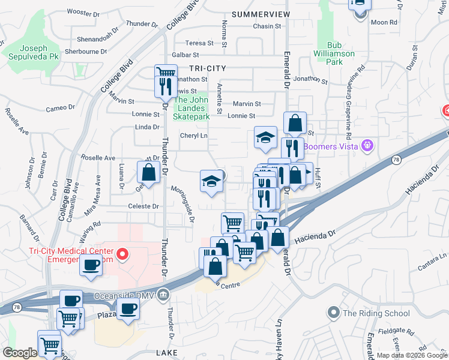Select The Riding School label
tap(376, 313)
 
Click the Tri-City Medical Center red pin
tap(122, 255)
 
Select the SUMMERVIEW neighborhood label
tap(260, 14)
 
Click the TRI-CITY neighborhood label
tap(206, 69)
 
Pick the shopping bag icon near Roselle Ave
tap(148, 173)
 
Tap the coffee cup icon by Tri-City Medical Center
tap(91, 265)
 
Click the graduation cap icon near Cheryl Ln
tap(265, 137)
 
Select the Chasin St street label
tap(267, 26)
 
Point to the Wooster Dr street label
tap(82, 12)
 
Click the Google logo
tap(20, 353)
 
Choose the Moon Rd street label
tap(384, 22)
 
